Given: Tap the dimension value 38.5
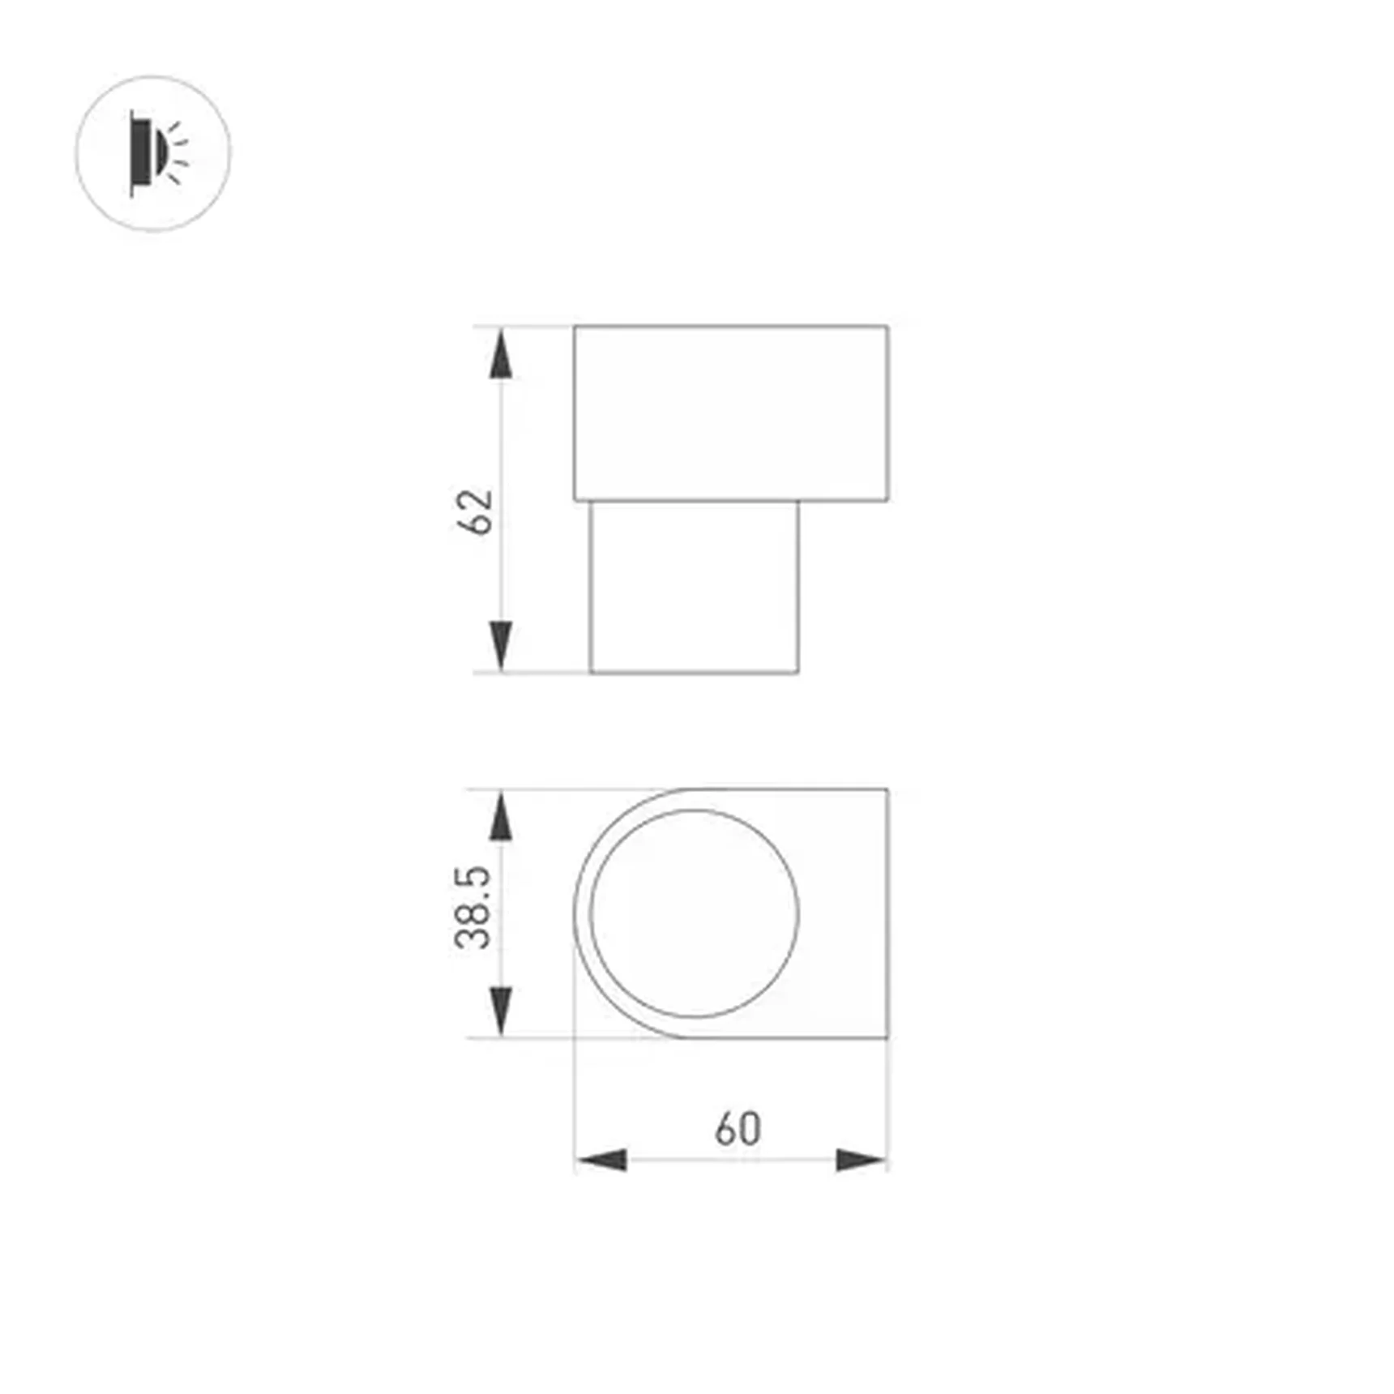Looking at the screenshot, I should (x=473, y=907).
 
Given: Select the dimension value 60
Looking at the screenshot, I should (x=738, y=1129).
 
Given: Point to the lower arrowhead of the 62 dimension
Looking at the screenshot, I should (x=502, y=645).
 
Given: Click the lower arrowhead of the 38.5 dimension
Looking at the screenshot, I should (x=502, y=1010).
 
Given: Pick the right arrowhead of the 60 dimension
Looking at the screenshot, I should (x=861, y=1160).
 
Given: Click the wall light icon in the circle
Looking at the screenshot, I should (x=153, y=153).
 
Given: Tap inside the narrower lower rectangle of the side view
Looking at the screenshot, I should (x=695, y=587).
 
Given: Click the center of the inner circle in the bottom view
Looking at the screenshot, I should (x=695, y=913).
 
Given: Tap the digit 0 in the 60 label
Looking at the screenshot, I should (x=750, y=1129).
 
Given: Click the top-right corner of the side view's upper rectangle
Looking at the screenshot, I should (x=887, y=327).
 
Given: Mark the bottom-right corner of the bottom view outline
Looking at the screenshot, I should (x=887, y=1037).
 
